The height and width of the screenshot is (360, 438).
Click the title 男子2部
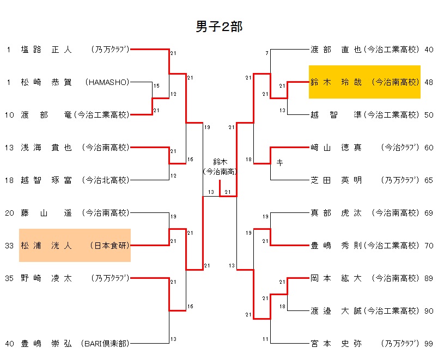click(219, 27)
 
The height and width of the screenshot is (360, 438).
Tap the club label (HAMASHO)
click(107, 82)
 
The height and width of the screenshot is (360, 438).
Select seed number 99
click(428, 344)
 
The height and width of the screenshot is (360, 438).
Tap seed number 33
click(9, 246)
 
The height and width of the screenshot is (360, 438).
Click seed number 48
click(428, 82)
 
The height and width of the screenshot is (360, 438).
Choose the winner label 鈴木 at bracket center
click(220, 162)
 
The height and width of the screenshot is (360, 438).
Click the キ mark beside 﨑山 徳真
click(279, 162)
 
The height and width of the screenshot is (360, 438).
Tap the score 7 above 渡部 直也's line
click(267, 53)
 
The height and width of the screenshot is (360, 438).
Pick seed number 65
click(428, 180)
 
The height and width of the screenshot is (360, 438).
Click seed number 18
click(9, 180)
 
